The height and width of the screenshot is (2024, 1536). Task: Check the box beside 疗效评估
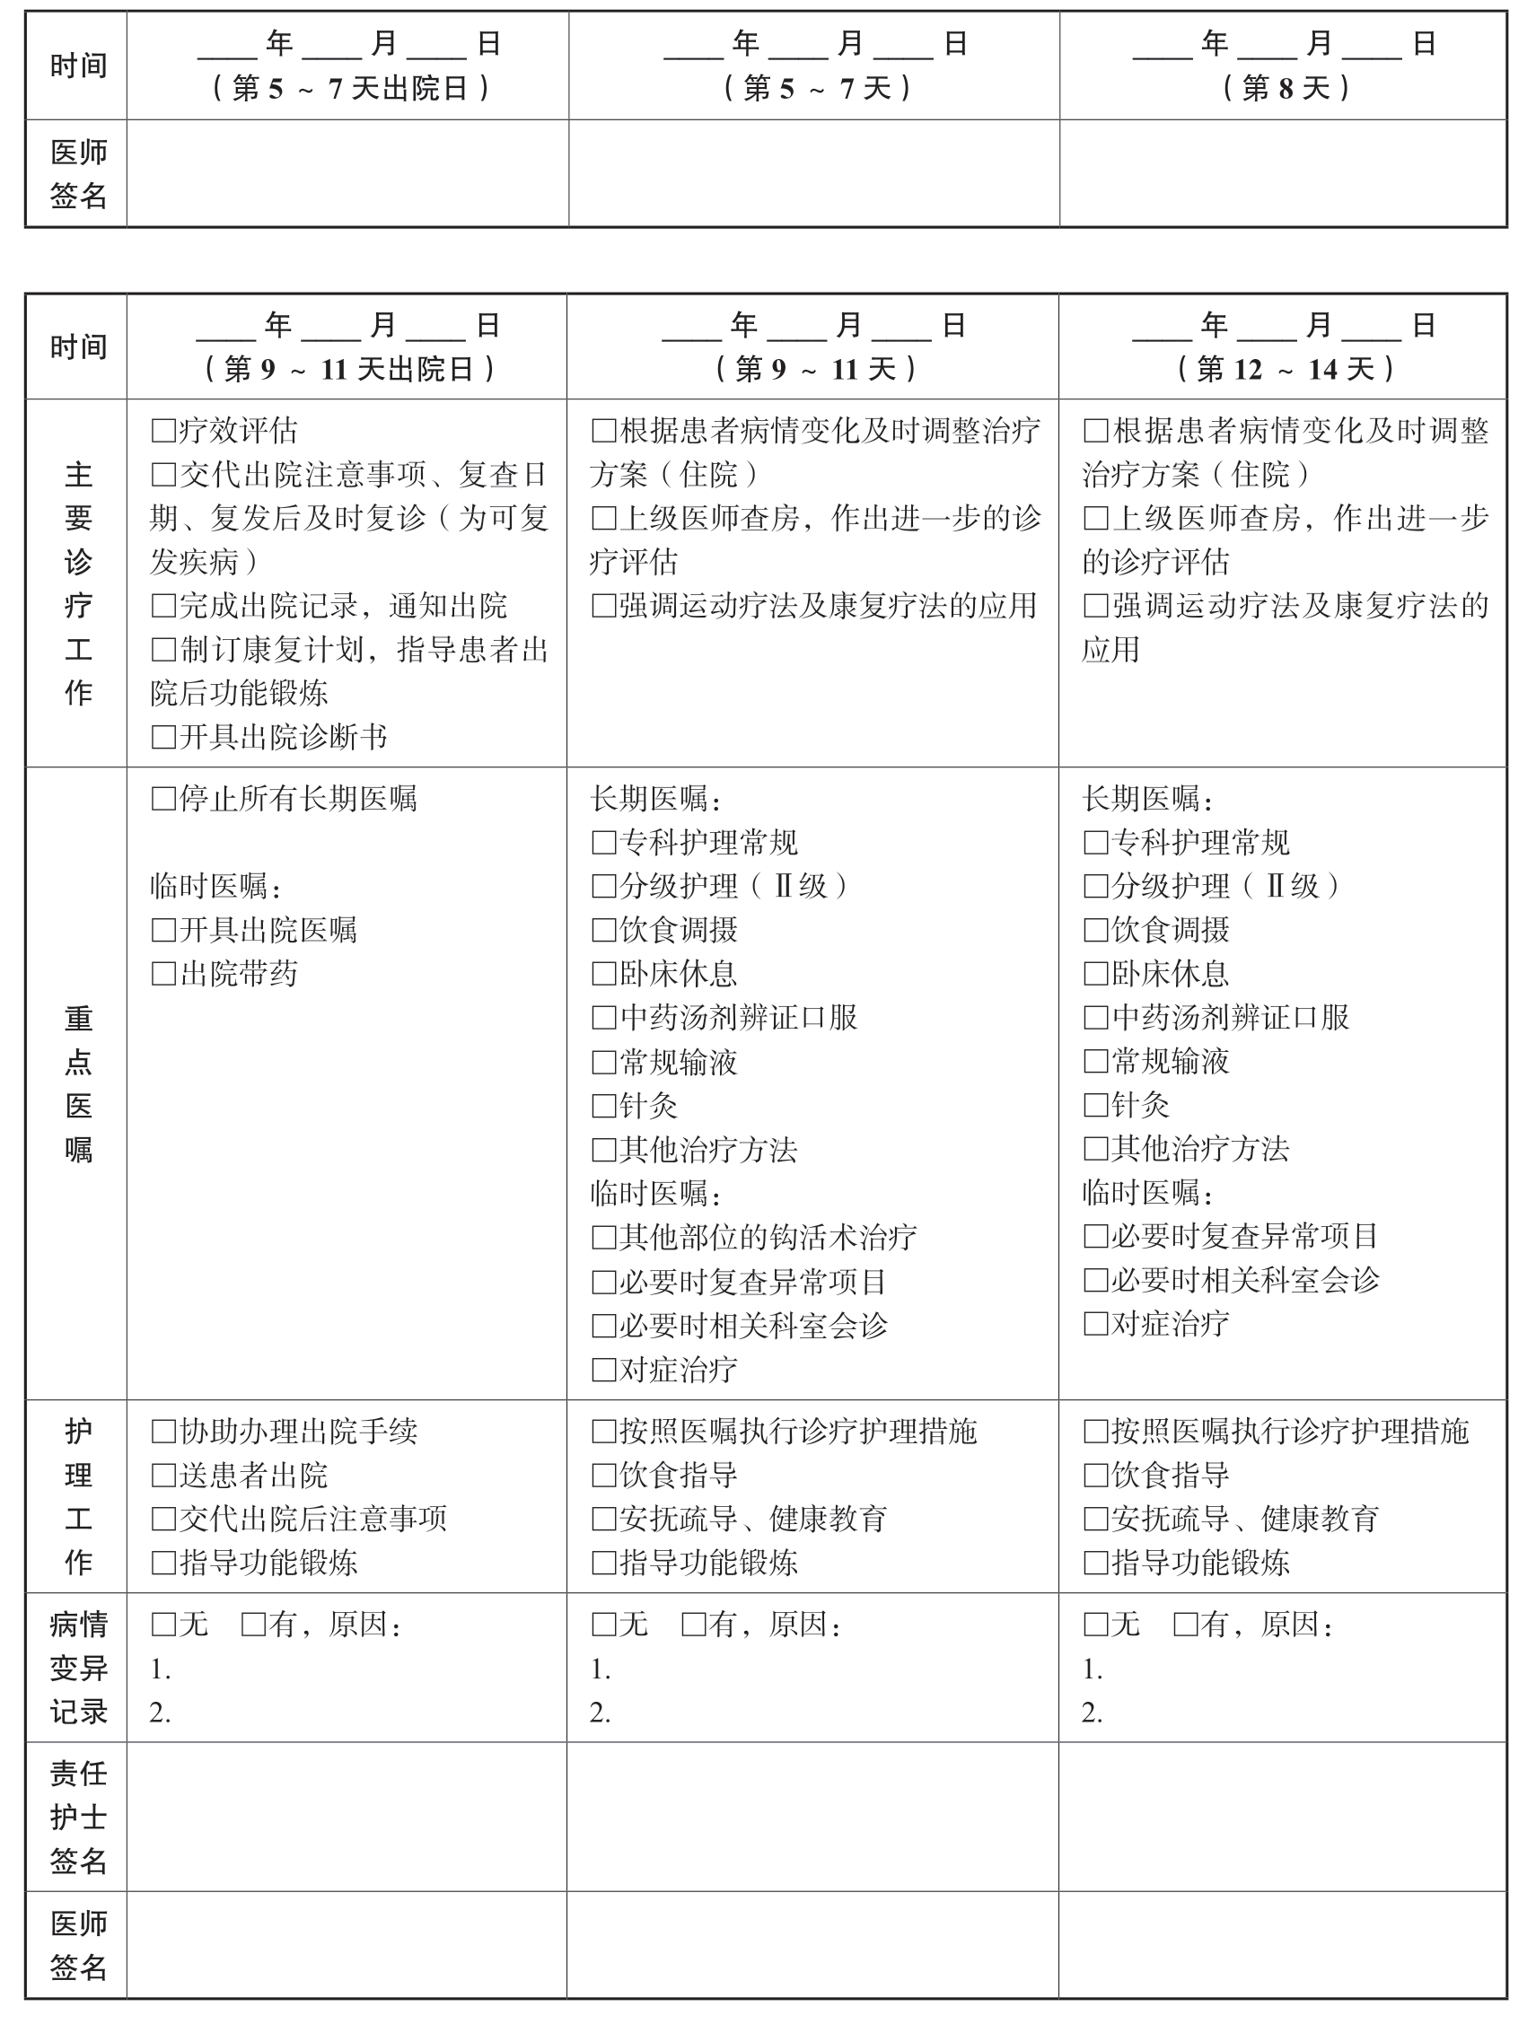[x=163, y=430]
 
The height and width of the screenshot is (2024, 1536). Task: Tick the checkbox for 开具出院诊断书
[x=163, y=737]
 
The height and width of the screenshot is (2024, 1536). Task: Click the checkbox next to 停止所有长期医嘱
[x=163, y=799]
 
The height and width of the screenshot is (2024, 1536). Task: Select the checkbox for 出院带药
[x=163, y=974]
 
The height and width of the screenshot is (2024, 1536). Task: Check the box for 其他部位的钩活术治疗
[x=603, y=1238]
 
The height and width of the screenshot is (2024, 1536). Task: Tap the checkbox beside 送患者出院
[x=163, y=1475]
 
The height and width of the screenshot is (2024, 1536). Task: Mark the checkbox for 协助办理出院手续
[x=163, y=1431]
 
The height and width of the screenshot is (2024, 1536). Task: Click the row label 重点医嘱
[x=78, y=1083]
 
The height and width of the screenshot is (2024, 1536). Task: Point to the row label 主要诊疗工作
[x=78, y=583]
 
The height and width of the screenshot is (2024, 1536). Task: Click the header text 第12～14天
[x=1286, y=369]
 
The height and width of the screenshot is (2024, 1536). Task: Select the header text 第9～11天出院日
[x=348, y=369]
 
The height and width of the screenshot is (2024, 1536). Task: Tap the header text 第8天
[x=1286, y=88]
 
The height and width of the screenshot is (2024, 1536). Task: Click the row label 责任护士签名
[x=78, y=1818]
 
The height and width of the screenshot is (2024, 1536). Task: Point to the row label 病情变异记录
[x=78, y=1668]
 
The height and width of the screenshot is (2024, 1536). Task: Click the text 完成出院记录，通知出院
[x=342, y=606]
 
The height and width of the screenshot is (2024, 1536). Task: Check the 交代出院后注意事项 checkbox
[x=163, y=1519]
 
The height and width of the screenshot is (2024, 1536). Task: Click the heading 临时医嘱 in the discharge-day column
[x=215, y=886]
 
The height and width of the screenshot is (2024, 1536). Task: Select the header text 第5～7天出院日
[x=351, y=88]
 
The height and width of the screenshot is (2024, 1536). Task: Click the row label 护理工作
[x=78, y=1497]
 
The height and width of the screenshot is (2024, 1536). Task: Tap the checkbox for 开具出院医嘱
[x=163, y=930]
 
